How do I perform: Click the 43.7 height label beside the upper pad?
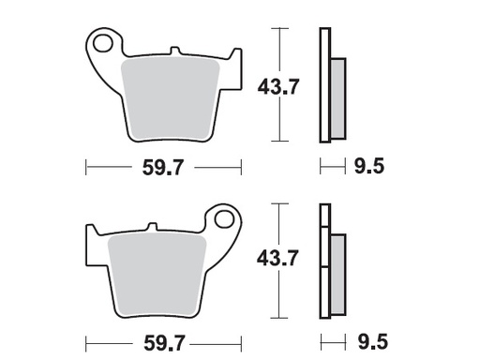(277, 87)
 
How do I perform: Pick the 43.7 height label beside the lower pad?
(277, 258)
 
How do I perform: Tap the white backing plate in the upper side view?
(325, 84)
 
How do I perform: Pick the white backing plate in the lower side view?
(325, 262)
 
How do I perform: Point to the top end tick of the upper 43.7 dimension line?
(277, 29)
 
